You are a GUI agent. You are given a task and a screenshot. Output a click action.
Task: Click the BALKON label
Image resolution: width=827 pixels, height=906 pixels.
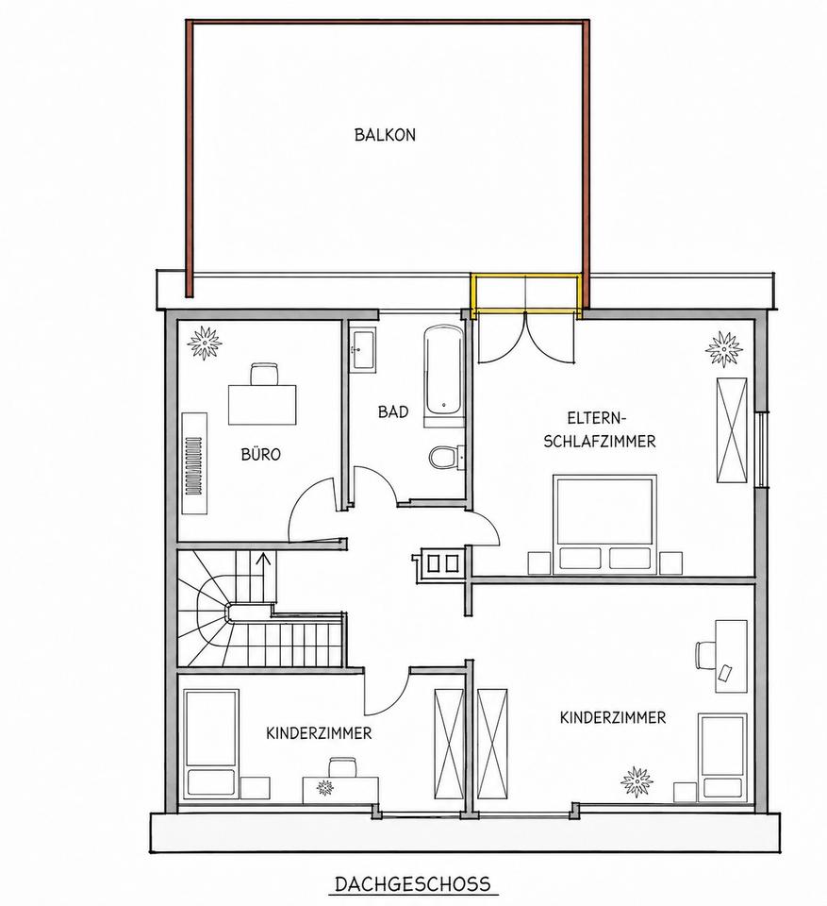coord(385,135)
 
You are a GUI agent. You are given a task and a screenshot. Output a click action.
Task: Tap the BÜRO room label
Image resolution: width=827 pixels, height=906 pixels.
coord(260,454)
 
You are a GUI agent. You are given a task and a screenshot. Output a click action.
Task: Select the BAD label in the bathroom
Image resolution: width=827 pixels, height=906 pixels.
coord(392,411)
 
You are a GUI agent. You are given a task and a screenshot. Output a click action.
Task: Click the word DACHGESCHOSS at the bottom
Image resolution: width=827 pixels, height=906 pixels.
coord(412,883)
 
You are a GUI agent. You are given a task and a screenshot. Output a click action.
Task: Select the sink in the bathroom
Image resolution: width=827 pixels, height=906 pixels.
coord(363,350)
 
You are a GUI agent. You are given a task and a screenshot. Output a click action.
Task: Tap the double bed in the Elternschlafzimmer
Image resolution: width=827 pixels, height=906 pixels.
coord(605,525)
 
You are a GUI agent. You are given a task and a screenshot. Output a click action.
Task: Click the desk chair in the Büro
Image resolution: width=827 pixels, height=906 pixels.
coord(264,374)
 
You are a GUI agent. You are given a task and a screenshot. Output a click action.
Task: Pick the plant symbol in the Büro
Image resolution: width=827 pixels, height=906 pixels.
coord(205,342)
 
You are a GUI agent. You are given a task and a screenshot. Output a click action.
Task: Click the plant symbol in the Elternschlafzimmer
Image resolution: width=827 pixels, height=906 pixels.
coord(724,348)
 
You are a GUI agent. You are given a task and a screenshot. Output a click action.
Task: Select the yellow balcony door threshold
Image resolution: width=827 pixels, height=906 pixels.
coord(524,295)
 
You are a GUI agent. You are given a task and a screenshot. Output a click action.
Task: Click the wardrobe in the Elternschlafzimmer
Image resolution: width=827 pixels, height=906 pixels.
coord(732,430)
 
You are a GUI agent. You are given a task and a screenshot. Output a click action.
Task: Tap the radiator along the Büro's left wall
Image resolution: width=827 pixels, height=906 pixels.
coord(194,462)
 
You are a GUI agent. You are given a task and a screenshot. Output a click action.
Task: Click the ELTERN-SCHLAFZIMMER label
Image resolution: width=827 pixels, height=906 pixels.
coord(600,430)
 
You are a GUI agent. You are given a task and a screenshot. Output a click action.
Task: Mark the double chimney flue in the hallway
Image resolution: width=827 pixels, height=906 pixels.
coord(442,562)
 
